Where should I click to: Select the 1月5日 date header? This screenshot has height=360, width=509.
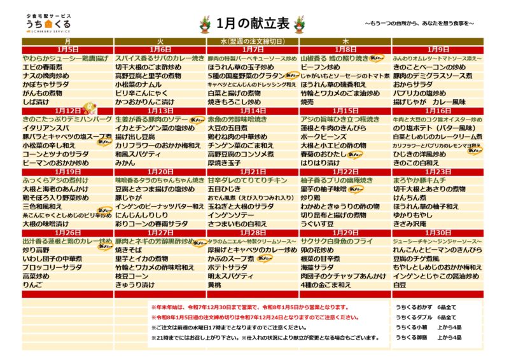tap(67, 49)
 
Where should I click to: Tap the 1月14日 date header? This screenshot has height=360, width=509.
tap(253, 110)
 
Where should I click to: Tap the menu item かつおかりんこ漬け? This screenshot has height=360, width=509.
tap(144, 101)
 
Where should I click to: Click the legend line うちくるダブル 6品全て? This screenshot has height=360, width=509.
tap(429, 317)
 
